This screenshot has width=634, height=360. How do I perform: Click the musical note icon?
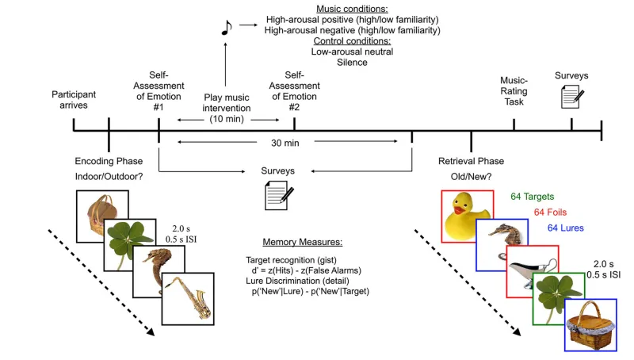(x=225, y=29)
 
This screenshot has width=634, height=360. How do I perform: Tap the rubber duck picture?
(x=468, y=216)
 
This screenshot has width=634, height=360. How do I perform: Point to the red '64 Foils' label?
(x=552, y=213)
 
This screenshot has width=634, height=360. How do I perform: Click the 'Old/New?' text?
(x=473, y=176)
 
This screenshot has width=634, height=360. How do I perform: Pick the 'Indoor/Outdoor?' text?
(x=109, y=176)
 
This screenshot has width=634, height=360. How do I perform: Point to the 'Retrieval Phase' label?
(x=473, y=161)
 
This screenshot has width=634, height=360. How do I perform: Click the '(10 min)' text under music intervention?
(x=227, y=119)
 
